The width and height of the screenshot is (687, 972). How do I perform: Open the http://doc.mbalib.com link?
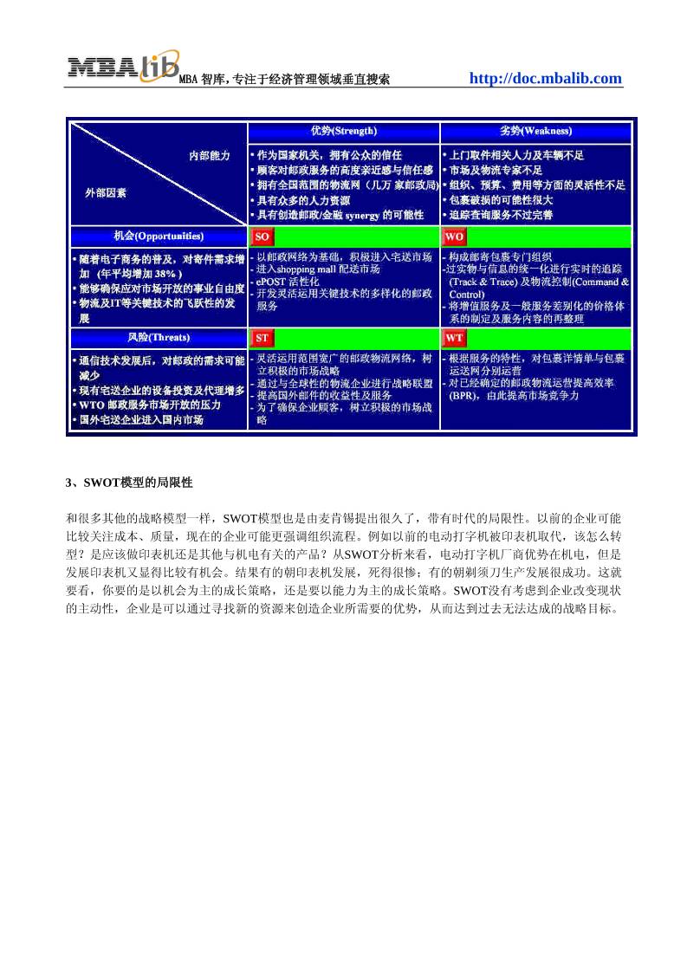click(x=545, y=79)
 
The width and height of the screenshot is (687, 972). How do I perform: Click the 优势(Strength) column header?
click(x=344, y=131)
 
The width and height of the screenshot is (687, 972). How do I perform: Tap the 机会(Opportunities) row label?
click(x=159, y=236)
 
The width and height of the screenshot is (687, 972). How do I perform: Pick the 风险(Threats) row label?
click(x=159, y=337)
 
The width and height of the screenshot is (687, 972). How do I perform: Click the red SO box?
click(x=262, y=237)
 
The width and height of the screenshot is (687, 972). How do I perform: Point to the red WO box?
click(x=454, y=237)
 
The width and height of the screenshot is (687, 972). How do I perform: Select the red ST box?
click(x=262, y=338)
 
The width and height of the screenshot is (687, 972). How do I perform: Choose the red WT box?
click(x=454, y=338)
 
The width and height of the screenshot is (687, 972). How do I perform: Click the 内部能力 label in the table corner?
click(x=210, y=155)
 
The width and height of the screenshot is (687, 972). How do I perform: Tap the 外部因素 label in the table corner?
click(x=105, y=192)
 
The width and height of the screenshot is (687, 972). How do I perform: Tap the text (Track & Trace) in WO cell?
click(x=489, y=282)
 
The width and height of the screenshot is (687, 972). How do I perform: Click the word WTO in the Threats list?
click(x=92, y=405)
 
